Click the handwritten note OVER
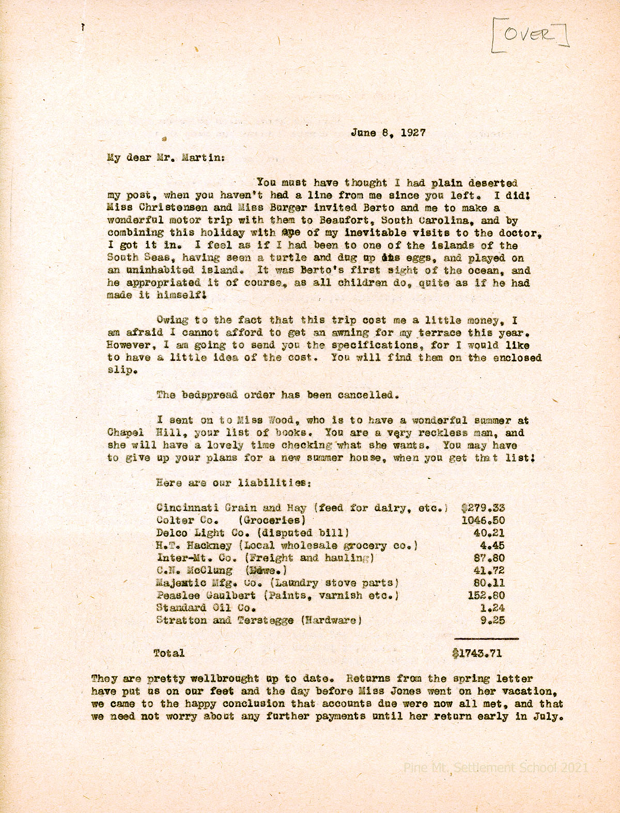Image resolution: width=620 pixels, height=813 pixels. click(x=530, y=34)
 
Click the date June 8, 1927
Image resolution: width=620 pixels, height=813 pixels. click(x=388, y=132)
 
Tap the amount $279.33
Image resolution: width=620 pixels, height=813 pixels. click(x=483, y=508)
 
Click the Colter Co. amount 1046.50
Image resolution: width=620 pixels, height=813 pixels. click(x=483, y=520)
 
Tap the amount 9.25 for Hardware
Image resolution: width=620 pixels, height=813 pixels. click(x=492, y=621)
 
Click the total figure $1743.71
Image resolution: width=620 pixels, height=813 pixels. click(x=477, y=653)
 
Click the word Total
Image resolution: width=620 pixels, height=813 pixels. click(x=169, y=653)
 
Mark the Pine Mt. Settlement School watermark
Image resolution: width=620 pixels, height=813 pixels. click(x=495, y=768)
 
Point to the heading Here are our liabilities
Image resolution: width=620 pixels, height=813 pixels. click(x=233, y=483)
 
